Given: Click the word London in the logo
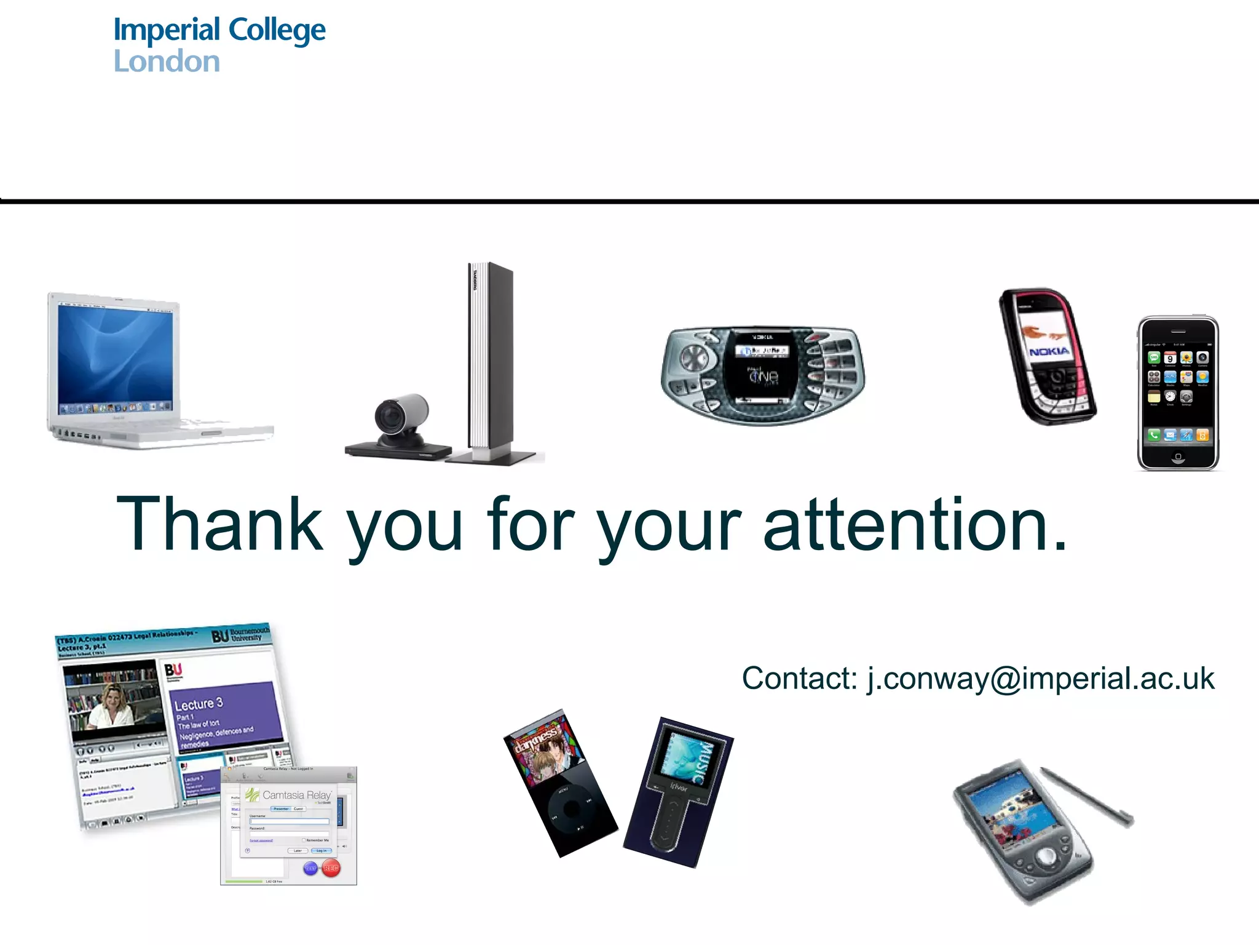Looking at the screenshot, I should (167, 62).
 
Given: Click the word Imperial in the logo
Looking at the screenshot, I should (167, 30).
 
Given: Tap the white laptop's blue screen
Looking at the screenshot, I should (115, 357).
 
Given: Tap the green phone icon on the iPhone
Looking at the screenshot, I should (1154, 436).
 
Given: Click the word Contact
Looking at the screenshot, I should (799, 679).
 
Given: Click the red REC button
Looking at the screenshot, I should (331, 868).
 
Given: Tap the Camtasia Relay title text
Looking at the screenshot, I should (296, 795).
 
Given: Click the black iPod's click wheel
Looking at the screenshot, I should (571, 808).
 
